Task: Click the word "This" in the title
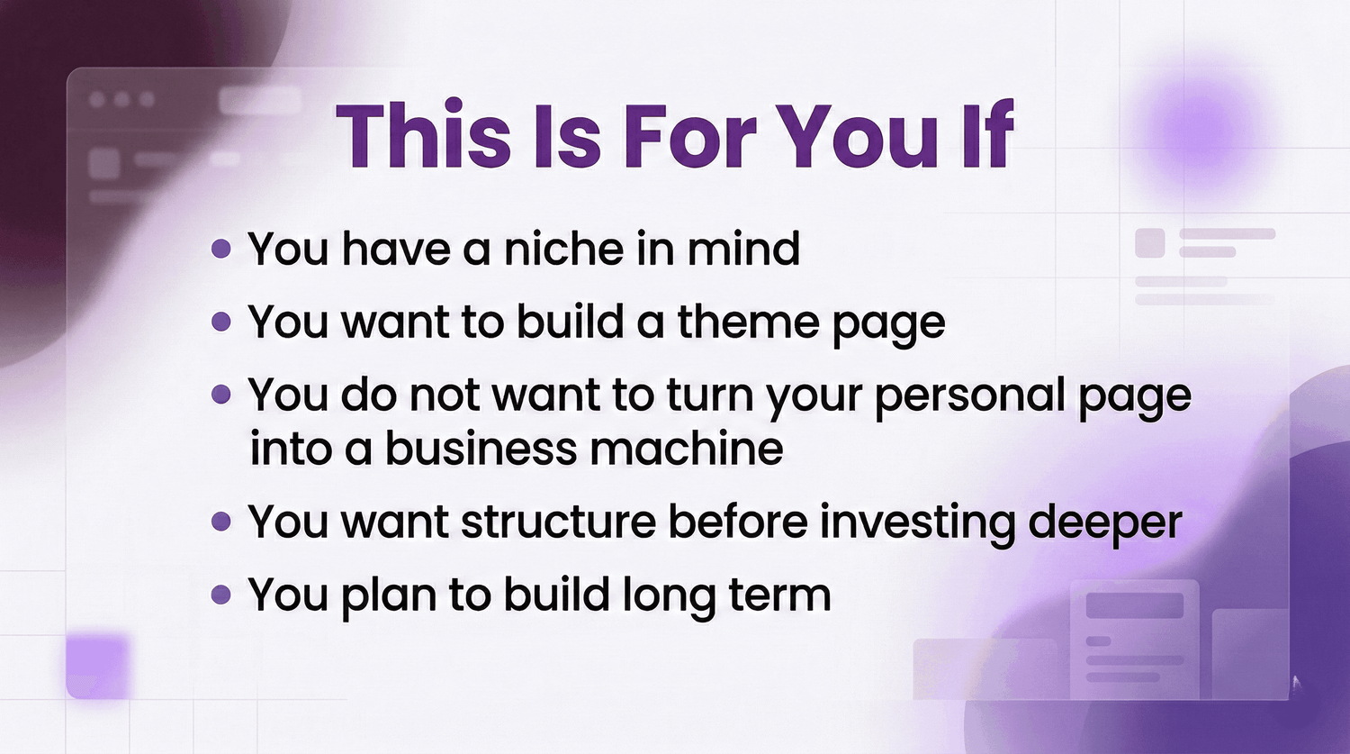coord(423,135)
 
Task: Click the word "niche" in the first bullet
coord(563,248)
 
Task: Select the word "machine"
coord(687,449)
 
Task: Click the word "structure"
coord(559,522)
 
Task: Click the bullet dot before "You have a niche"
coord(221,248)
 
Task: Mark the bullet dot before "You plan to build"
coord(221,595)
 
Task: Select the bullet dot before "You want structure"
coord(221,522)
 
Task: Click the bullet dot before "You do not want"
coord(221,395)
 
